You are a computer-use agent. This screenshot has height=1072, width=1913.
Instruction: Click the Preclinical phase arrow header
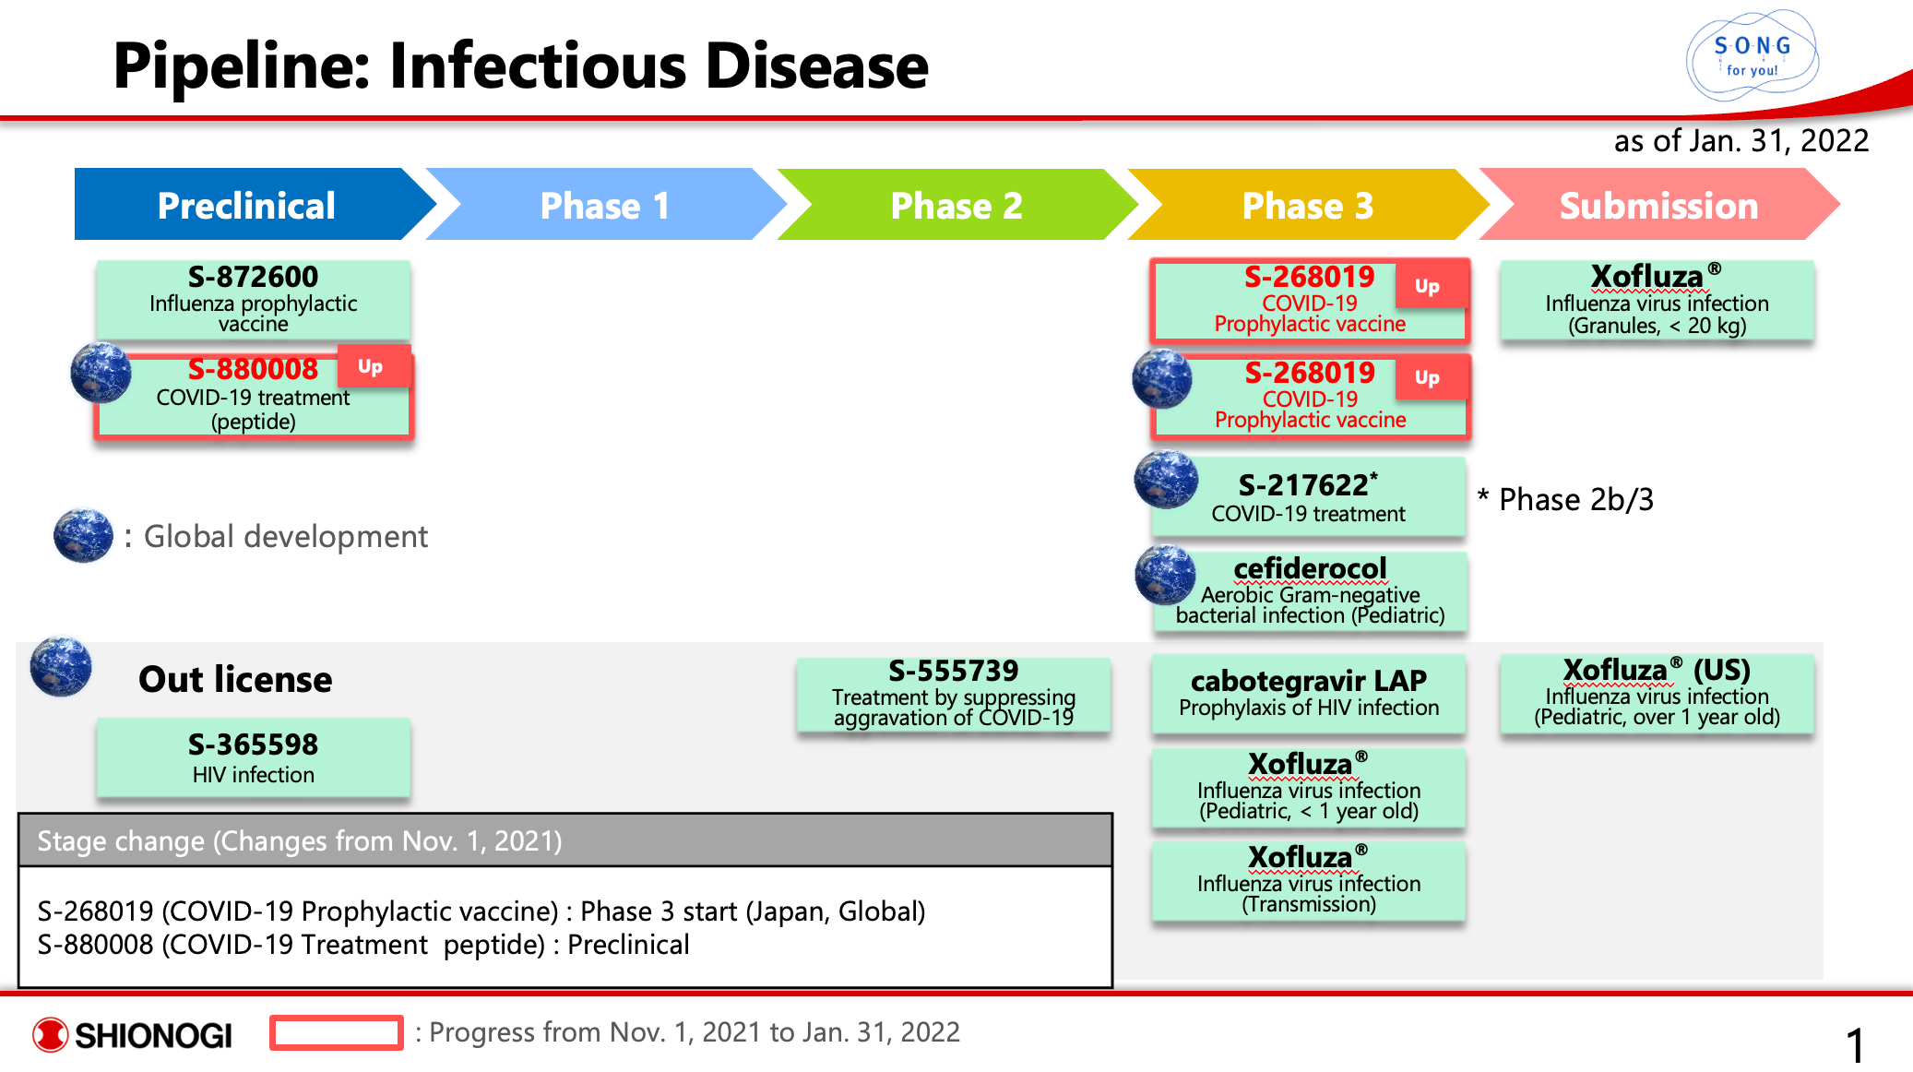(246, 205)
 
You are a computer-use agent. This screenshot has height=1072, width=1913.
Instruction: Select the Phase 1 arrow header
(604, 205)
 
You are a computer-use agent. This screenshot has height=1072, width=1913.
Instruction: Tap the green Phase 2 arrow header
(956, 205)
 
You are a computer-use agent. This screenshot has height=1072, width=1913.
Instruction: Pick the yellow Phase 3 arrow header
(1307, 205)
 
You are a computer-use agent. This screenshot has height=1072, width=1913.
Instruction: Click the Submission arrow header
(1658, 205)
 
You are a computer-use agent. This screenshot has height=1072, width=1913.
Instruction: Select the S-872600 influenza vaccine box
(253, 299)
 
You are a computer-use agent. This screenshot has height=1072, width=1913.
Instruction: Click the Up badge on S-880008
(371, 366)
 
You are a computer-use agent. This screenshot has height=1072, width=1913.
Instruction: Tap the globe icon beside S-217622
(1165, 480)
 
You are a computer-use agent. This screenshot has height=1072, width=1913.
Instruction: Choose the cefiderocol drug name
(1310, 568)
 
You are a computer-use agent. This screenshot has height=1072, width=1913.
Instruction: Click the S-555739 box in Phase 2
(954, 694)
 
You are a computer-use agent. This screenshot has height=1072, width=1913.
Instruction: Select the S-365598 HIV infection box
(253, 757)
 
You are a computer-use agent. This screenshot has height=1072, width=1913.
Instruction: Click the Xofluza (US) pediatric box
(1657, 693)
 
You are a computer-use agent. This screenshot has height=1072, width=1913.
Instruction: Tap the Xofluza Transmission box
(1308, 880)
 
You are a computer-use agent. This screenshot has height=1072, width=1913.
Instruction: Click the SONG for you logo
(1752, 55)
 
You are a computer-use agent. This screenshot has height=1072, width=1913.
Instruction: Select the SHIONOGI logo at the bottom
(133, 1034)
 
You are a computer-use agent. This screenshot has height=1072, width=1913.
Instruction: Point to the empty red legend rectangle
(336, 1032)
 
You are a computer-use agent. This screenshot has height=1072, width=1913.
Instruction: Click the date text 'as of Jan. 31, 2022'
(1741, 140)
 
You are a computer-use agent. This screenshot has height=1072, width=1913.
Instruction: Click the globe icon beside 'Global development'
(83, 535)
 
